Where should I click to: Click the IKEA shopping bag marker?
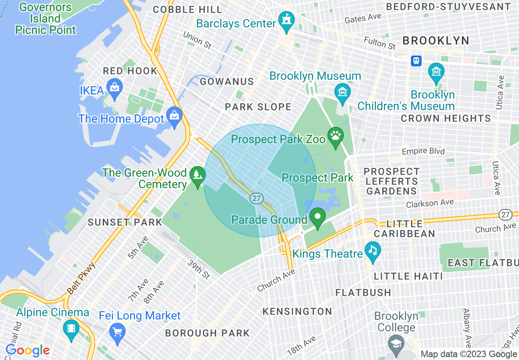pyautogui.click(x=115, y=88)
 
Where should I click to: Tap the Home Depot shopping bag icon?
pyautogui.click(x=175, y=116)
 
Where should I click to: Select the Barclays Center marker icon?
pyautogui.click(x=286, y=20)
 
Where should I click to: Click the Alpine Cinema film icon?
pyautogui.click(x=71, y=328)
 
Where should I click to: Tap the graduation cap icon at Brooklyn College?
pyautogui.click(x=396, y=343)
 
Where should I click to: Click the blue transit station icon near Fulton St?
pyautogui.click(x=416, y=61)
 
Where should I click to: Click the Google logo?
pyautogui.click(x=27, y=350)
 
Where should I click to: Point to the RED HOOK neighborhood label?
pyautogui.click(x=130, y=71)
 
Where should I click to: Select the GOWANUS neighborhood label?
pyautogui.click(x=227, y=82)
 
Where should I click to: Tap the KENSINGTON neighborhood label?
pyautogui.click(x=297, y=312)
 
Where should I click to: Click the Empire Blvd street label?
pyautogui.click(x=423, y=151)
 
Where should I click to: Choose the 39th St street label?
pyautogui.click(x=199, y=270)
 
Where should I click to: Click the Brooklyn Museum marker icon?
pyautogui.click(x=342, y=92)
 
